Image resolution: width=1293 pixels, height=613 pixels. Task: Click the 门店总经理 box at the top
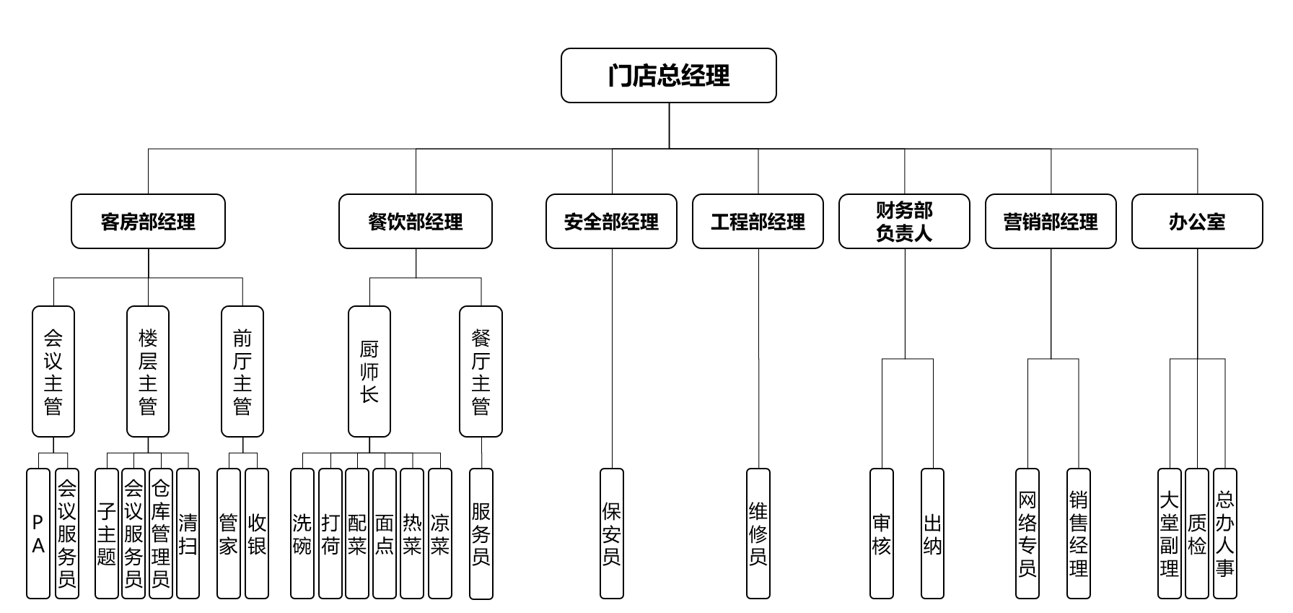click(668, 76)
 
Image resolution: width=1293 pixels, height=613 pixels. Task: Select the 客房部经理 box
click(148, 222)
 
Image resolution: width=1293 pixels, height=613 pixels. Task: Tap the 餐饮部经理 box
click(416, 222)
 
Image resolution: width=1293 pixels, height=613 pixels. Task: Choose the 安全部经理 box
click(611, 222)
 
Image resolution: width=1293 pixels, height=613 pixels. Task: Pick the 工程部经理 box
click(758, 222)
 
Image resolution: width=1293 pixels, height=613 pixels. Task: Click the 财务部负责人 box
click(904, 222)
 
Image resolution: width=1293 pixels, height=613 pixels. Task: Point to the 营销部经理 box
click(1051, 222)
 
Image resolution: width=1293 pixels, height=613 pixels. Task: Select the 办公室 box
click(1197, 222)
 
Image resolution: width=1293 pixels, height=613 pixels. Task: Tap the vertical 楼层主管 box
click(148, 372)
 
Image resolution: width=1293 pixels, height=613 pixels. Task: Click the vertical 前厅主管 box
click(242, 372)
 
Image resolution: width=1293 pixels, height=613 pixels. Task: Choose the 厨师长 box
click(369, 372)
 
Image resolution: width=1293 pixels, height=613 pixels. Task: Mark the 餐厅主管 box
click(481, 372)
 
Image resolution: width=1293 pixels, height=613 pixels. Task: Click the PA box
click(38, 534)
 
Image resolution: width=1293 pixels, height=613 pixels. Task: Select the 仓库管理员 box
click(160, 534)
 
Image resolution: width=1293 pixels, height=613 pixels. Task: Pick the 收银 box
click(257, 534)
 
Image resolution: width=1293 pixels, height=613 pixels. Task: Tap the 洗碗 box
click(302, 534)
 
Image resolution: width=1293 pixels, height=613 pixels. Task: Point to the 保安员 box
click(611, 534)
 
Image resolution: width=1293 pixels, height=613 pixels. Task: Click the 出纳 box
click(932, 534)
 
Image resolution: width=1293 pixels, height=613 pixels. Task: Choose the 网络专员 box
click(1027, 534)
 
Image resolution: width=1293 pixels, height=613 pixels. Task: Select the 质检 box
click(1197, 534)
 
